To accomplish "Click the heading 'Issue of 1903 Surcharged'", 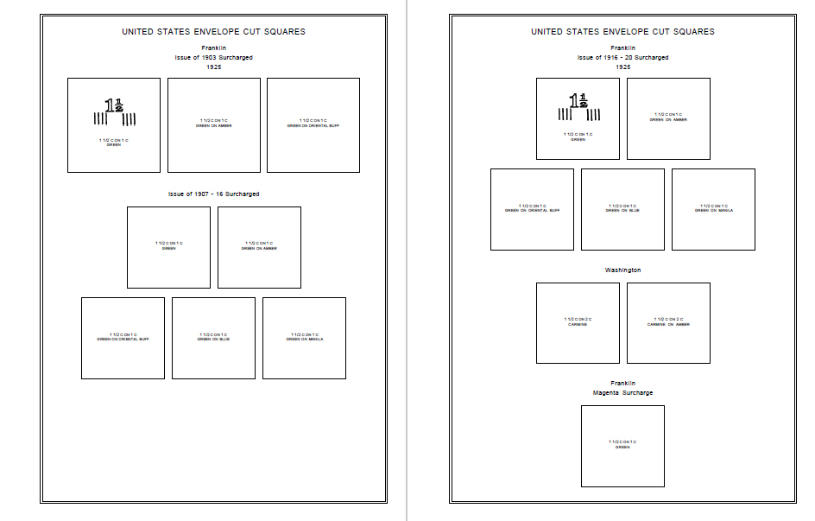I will [x=213, y=57].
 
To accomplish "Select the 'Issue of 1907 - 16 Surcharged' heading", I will [x=213, y=194].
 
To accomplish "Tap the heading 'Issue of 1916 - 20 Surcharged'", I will [x=622, y=57].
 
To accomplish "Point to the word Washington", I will [x=622, y=270].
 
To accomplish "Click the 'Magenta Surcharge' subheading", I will [x=622, y=393].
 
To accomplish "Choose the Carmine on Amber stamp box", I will [x=668, y=323].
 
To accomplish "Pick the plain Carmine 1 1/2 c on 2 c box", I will [x=578, y=323].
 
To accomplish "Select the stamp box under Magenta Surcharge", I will [x=622, y=446].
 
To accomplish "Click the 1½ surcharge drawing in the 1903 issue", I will [x=115, y=112].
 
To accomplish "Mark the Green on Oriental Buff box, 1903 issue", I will [x=313, y=125].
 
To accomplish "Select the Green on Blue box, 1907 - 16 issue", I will [x=213, y=338].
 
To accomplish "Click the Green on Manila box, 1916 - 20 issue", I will [x=713, y=209].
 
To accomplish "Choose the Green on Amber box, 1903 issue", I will [x=213, y=125].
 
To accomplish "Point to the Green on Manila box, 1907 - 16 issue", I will [x=304, y=338].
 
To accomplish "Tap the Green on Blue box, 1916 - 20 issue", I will [x=622, y=209].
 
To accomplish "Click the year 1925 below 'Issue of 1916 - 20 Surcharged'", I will [x=622, y=67].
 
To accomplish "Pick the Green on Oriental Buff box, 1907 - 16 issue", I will [x=123, y=338].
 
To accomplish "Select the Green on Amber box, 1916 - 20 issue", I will [x=668, y=118].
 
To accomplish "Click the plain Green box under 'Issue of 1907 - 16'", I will [x=168, y=247].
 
